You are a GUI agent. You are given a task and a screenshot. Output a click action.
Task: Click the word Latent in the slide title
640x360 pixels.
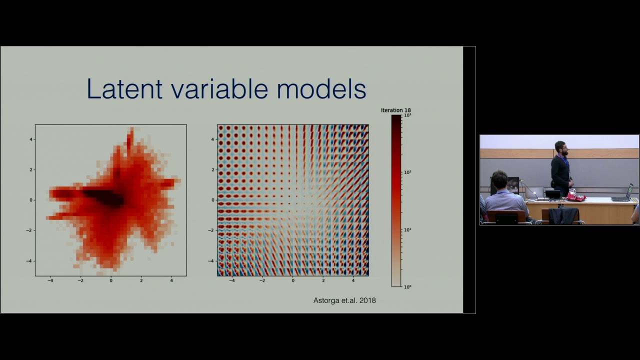(x=124, y=89)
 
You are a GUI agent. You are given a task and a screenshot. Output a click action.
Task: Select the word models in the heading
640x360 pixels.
(x=321, y=89)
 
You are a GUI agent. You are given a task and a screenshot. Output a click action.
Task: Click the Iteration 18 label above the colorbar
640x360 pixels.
(x=395, y=110)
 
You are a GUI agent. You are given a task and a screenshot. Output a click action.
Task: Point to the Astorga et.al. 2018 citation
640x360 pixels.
(x=344, y=300)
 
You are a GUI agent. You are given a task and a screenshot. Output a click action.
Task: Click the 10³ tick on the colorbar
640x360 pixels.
(x=407, y=115)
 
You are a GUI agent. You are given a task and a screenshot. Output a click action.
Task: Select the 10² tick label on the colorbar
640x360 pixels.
(x=407, y=172)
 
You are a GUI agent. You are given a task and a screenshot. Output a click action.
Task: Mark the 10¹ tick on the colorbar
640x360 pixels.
(x=407, y=229)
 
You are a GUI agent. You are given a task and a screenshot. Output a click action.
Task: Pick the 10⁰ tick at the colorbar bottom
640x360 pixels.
(x=407, y=287)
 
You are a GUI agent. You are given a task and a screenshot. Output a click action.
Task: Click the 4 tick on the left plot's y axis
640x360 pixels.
(x=31, y=139)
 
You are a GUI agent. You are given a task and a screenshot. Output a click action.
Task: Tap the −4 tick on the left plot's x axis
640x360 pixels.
(x=50, y=281)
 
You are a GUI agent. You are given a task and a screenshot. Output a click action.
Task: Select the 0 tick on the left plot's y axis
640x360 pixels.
(x=31, y=200)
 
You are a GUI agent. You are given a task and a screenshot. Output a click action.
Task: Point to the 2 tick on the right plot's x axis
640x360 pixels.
(x=323, y=281)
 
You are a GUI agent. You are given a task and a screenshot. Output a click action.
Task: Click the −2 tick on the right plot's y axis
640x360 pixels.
(x=212, y=230)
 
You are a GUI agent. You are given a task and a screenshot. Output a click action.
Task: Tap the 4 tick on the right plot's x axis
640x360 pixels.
(x=353, y=281)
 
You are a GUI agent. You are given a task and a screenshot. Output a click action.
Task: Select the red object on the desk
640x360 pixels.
(x=574, y=197)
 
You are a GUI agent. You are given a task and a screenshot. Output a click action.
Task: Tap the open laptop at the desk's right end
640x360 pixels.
(x=623, y=194)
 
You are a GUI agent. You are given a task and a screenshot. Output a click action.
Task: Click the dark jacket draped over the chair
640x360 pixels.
(x=562, y=216)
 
